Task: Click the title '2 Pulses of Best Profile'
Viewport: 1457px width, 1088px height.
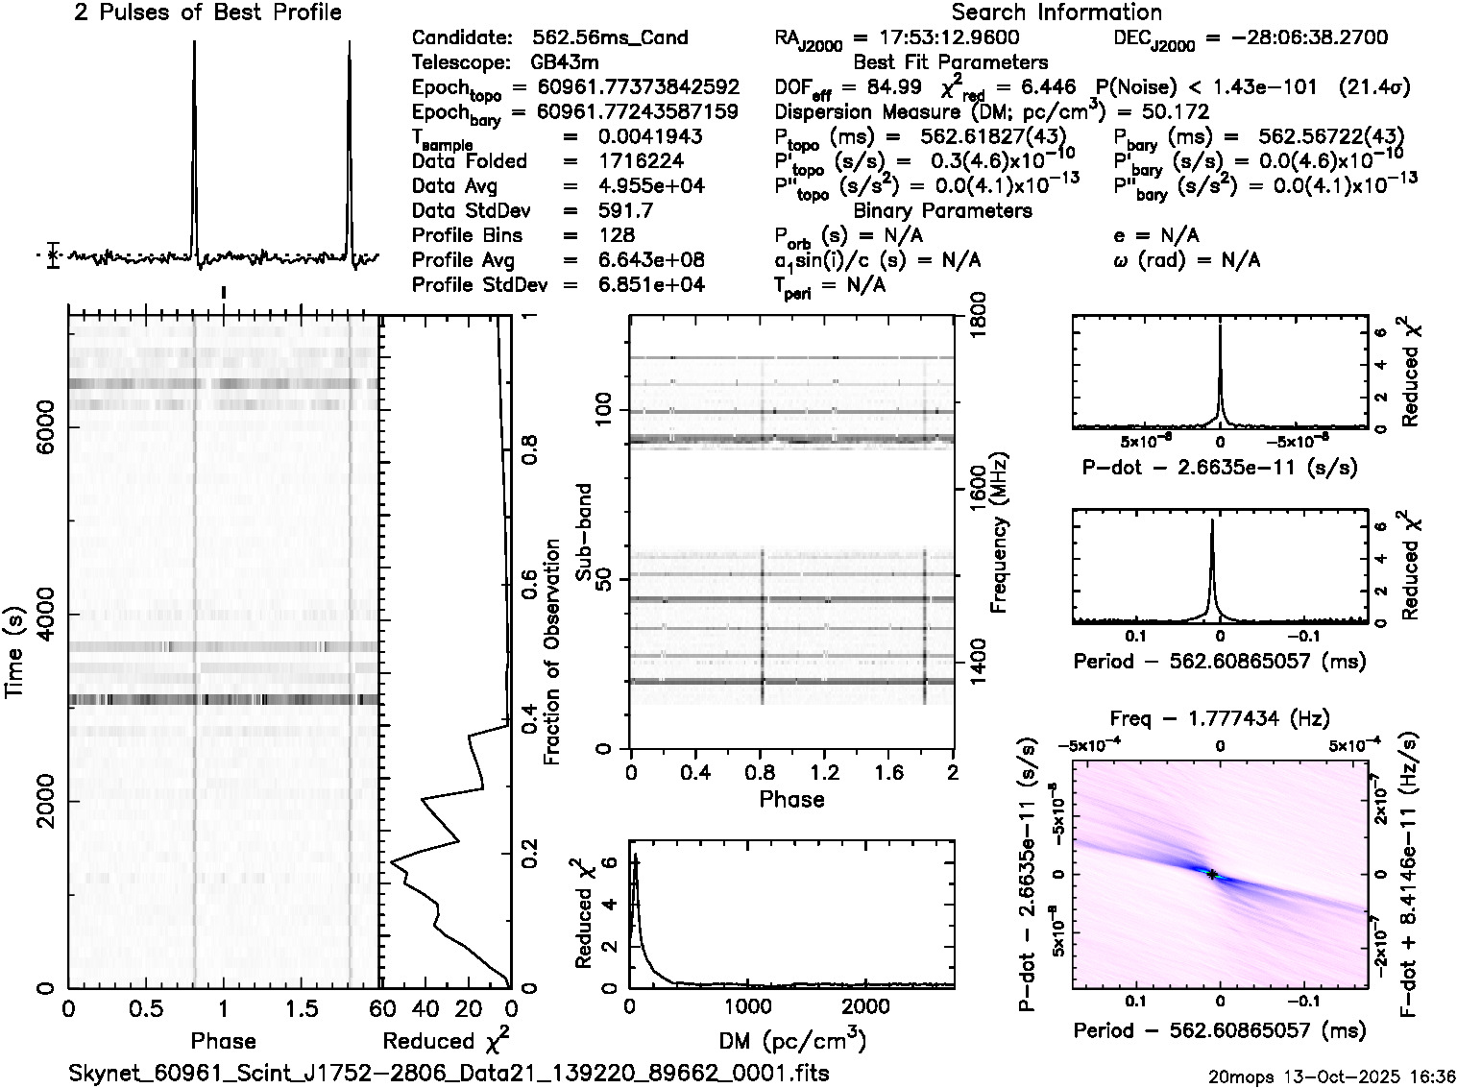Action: point(207,13)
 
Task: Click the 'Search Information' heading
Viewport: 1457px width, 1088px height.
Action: point(1056,13)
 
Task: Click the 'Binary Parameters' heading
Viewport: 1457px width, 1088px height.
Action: point(942,211)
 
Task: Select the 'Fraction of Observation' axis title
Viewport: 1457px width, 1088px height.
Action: point(552,652)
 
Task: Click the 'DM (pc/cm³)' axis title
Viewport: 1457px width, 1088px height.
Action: point(792,1041)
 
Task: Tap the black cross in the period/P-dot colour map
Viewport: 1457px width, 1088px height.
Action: point(1212,875)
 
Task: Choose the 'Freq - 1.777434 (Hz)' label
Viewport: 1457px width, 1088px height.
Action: point(1220,719)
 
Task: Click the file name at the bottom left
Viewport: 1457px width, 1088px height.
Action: point(449,1073)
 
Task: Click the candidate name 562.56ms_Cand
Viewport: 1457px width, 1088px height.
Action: point(610,38)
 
